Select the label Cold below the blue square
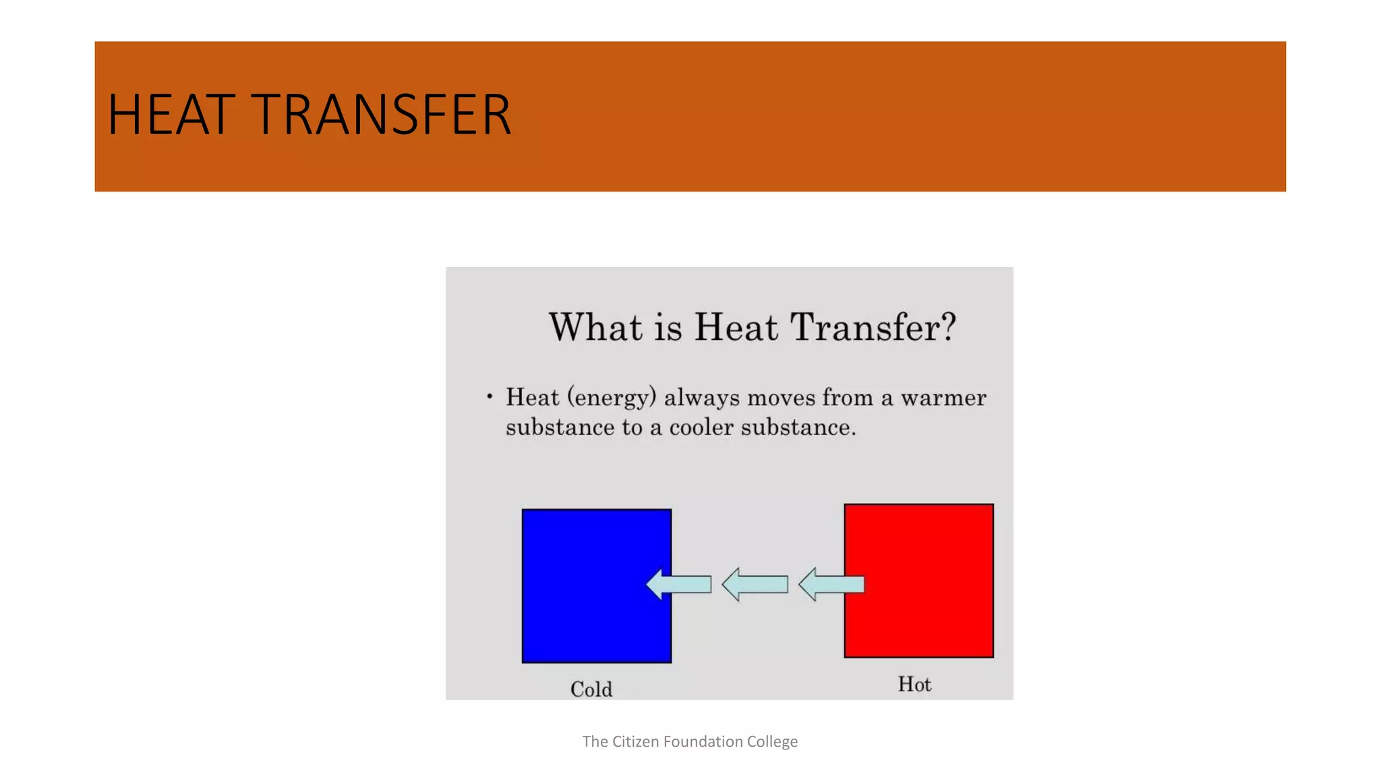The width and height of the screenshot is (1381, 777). point(591,689)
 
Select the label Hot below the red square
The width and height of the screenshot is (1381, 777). point(914,684)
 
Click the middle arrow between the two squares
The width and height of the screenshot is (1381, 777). point(755,584)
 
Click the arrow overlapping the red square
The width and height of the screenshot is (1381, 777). point(831,584)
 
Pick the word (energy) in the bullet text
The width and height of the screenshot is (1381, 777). point(612,398)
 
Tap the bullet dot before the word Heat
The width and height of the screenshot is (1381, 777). point(490,397)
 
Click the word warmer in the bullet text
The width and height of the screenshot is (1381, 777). point(943,398)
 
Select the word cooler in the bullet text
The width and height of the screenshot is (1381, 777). point(701,428)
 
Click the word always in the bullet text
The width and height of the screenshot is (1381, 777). point(702,398)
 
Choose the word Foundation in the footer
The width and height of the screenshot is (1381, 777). point(703,741)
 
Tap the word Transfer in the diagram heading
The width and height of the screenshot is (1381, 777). point(864,327)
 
